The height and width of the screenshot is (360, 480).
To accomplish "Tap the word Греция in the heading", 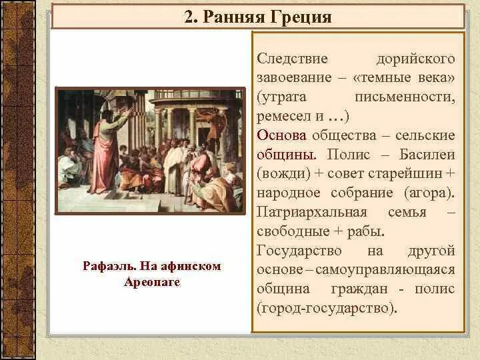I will (301, 17).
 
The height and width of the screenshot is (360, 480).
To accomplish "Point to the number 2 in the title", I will (189, 17).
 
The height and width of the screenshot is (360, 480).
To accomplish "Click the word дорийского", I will (415, 60).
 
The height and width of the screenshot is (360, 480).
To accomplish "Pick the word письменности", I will (413, 98).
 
